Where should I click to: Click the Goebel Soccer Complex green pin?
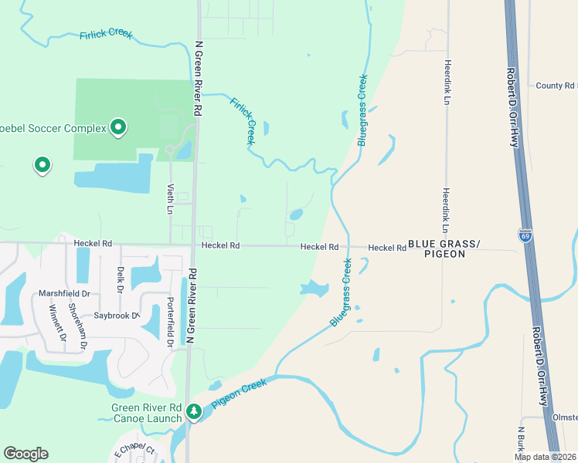[x=118, y=126]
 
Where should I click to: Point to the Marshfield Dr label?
[x=65, y=293]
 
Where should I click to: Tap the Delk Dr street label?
[x=121, y=279]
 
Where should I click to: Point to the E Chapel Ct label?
[x=135, y=454]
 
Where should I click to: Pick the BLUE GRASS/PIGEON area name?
[x=444, y=248]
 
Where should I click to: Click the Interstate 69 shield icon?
[x=525, y=233]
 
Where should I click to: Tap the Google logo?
[x=25, y=454]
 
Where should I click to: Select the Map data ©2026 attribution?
[x=546, y=457]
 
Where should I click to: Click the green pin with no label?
[x=42, y=164]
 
